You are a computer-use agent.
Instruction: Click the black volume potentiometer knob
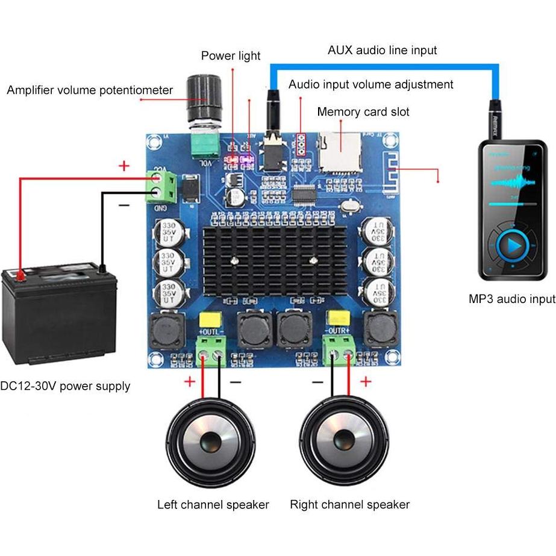click(204, 99)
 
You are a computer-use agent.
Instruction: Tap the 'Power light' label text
click(231, 56)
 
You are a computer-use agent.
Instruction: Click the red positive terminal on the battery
click(20, 276)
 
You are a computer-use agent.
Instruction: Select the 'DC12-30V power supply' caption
click(65, 386)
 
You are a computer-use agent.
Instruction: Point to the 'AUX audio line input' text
click(382, 50)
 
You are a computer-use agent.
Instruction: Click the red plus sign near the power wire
click(124, 166)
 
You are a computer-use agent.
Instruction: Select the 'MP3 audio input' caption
click(512, 299)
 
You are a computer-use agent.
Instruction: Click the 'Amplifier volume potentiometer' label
click(90, 90)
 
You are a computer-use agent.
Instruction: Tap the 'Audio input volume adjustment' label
click(370, 84)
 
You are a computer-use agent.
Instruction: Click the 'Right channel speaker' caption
click(349, 504)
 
